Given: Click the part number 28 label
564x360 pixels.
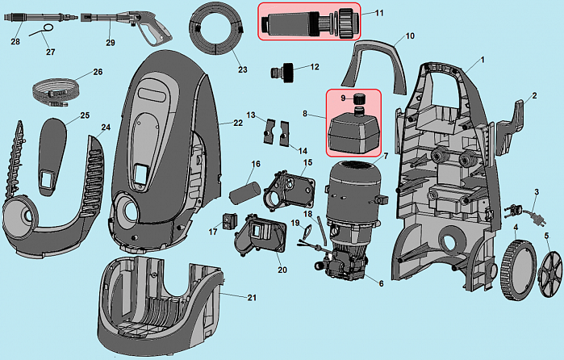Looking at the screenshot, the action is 15,42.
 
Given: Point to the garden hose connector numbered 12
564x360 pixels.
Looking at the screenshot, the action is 282,73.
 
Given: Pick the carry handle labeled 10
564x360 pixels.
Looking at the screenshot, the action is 374,65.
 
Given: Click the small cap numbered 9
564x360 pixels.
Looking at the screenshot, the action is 358,98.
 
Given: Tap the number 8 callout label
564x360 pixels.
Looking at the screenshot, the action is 305,114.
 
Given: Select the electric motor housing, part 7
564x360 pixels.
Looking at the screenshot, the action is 354,195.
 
